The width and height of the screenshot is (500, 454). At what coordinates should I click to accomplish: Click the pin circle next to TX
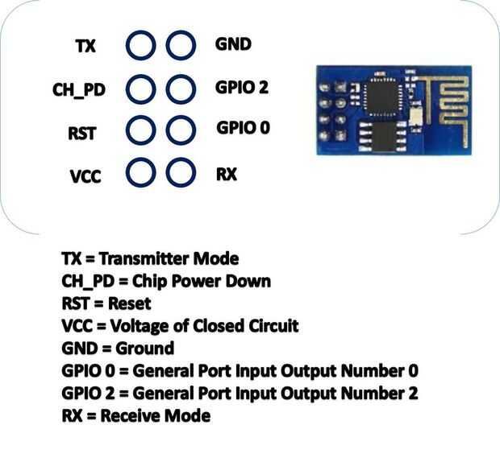pyautogui.click(x=141, y=45)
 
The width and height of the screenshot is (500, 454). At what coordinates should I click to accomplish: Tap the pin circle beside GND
pyautogui.click(x=181, y=45)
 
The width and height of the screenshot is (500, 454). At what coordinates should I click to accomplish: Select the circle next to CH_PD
pyautogui.click(x=141, y=87)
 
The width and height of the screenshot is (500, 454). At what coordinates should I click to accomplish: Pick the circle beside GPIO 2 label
pyautogui.click(x=181, y=87)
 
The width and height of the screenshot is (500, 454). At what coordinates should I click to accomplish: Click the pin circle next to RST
pyautogui.click(x=141, y=129)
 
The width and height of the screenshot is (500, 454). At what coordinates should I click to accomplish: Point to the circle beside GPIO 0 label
pyautogui.click(x=181, y=129)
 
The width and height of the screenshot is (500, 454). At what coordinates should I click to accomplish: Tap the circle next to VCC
pyautogui.click(x=141, y=171)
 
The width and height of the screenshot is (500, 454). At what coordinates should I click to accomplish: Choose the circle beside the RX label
pyautogui.click(x=181, y=171)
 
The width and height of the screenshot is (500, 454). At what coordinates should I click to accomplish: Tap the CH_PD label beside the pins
pyautogui.click(x=79, y=89)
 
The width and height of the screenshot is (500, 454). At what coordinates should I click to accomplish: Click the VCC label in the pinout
pyautogui.click(x=85, y=175)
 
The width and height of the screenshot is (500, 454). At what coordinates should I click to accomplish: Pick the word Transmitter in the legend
pyautogui.click(x=144, y=258)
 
